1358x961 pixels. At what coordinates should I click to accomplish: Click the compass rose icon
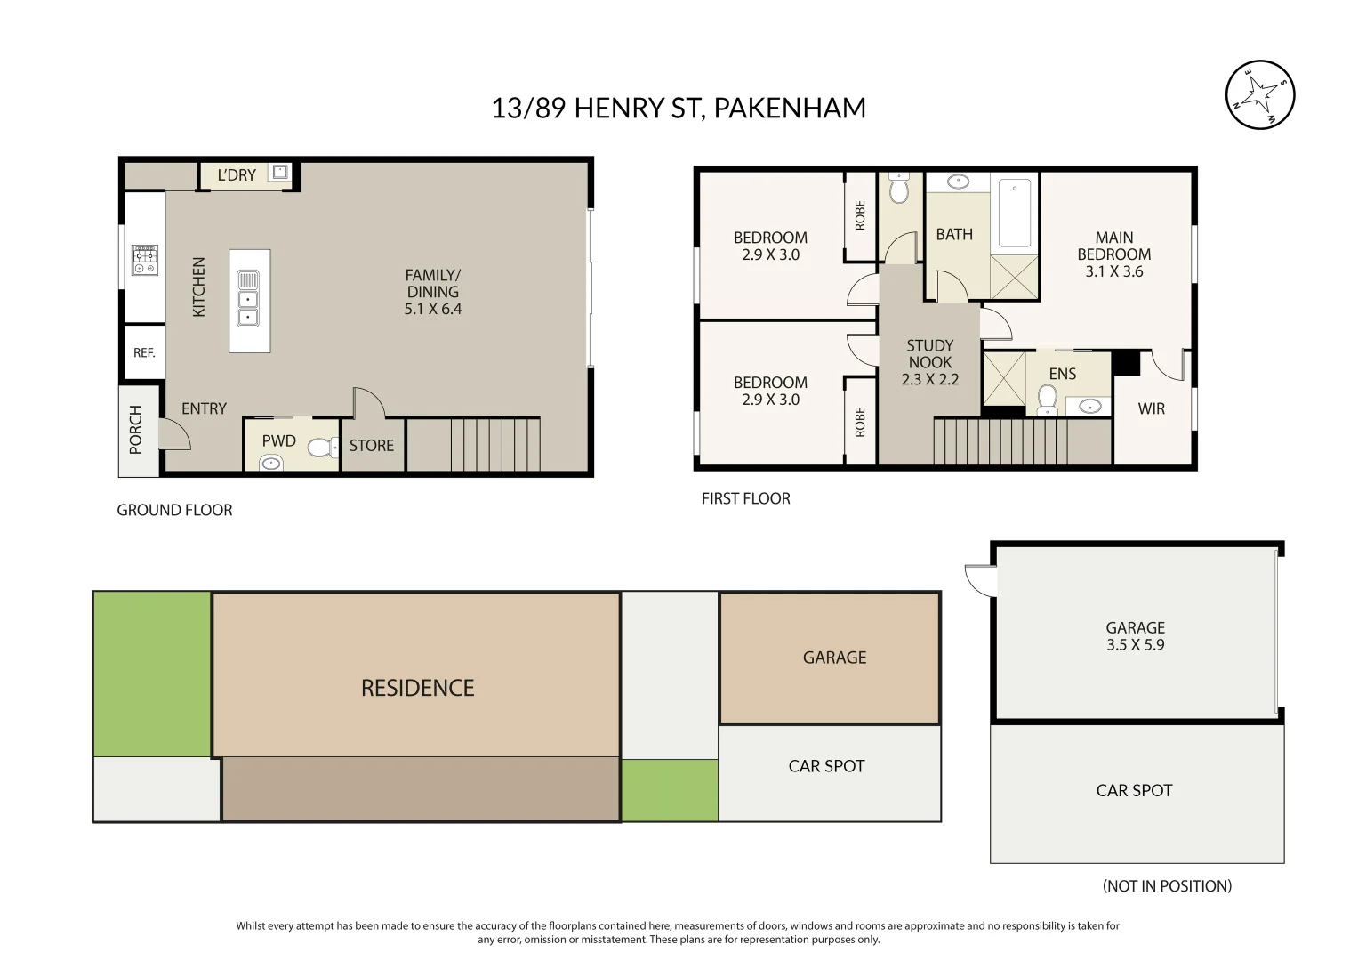click(x=1259, y=94)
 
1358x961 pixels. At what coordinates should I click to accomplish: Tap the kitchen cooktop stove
click(x=145, y=260)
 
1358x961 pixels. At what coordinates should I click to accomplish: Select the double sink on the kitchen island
click(x=248, y=299)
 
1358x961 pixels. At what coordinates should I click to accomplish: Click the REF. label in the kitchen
click(x=144, y=353)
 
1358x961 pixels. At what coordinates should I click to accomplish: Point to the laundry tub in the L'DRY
click(x=280, y=172)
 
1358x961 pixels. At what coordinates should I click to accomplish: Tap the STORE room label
click(x=372, y=446)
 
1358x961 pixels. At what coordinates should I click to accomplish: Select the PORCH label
click(x=136, y=429)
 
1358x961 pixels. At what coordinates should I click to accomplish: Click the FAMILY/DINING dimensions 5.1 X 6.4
click(x=433, y=310)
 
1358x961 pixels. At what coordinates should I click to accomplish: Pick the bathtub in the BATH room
click(x=1014, y=213)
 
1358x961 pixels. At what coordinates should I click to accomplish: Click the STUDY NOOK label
click(x=930, y=354)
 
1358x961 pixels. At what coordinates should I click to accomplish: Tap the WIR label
click(x=1151, y=409)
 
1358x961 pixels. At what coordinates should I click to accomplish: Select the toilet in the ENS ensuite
click(x=1048, y=400)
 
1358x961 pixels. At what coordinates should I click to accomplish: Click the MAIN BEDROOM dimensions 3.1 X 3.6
click(x=1114, y=272)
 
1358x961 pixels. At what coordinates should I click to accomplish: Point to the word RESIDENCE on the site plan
click(x=417, y=688)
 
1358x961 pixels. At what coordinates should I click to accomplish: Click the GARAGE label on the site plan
click(x=834, y=658)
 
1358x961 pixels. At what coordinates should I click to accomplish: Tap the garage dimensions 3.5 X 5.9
click(x=1135, y=645)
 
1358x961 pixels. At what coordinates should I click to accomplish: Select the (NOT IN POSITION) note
click(x=1167, y=886)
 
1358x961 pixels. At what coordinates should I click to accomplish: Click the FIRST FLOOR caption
click(x=745, y=499)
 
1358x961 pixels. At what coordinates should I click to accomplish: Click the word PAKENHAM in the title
click(x=790, y=108)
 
